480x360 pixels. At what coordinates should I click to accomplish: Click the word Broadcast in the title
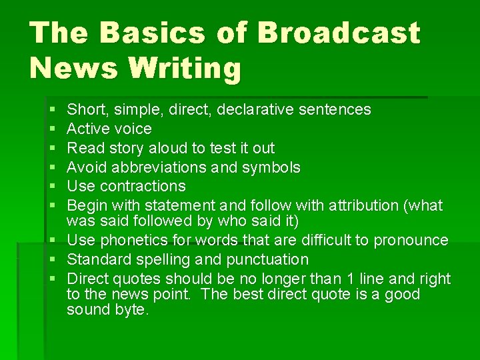click(339, 33)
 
